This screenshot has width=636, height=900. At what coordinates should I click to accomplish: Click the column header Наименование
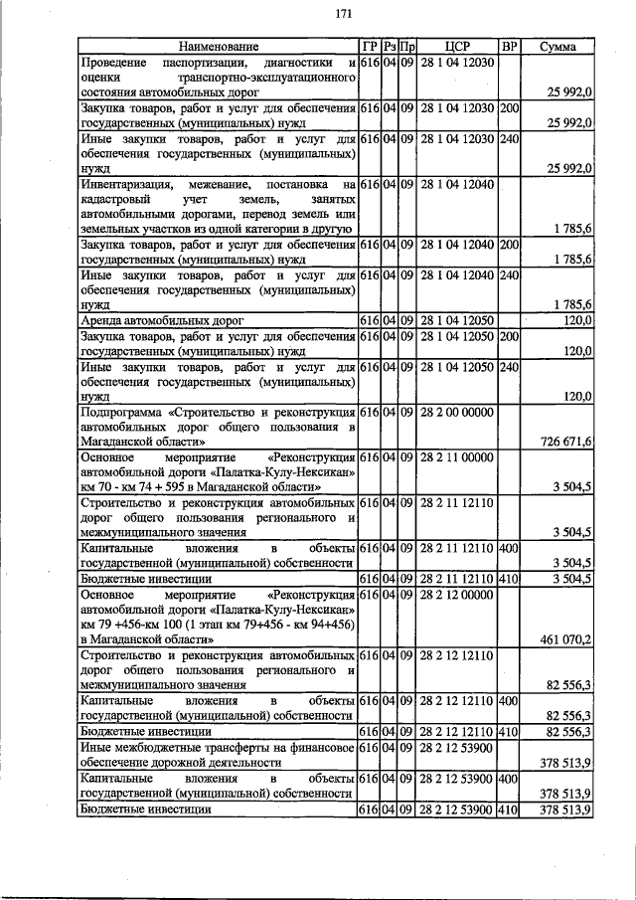point(218,46)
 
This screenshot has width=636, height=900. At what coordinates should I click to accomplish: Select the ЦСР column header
point(457,46)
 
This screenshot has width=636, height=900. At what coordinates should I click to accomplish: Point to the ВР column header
point(509,46)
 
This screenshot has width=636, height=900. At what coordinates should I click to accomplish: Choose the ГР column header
point(369,46)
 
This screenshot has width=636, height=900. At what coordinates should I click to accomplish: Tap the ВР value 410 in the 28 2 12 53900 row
point(509,810)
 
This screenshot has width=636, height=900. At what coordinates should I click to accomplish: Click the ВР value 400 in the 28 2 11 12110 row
point(509,548)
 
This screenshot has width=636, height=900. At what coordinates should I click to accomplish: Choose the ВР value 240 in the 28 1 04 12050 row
point(509,367)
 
